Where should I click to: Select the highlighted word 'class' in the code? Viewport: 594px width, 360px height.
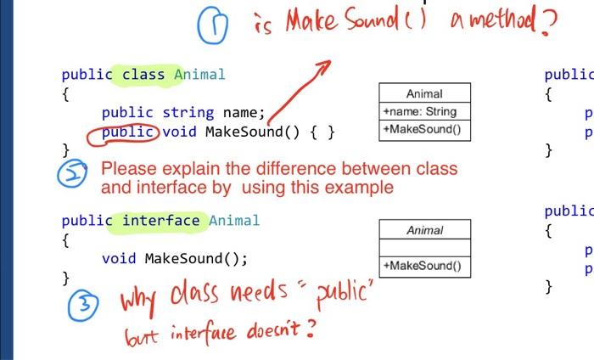pos(143,74)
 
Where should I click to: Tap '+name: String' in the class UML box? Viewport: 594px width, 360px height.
pos(419,111)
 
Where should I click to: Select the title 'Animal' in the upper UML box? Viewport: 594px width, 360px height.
pos(424,93)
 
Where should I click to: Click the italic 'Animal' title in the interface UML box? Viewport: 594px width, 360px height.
pos(424,230)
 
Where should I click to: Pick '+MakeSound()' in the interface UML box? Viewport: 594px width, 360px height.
pos(422,266)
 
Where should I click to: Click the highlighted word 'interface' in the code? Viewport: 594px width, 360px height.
pos(161,221)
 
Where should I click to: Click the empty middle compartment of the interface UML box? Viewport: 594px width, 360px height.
pos(424,247)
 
